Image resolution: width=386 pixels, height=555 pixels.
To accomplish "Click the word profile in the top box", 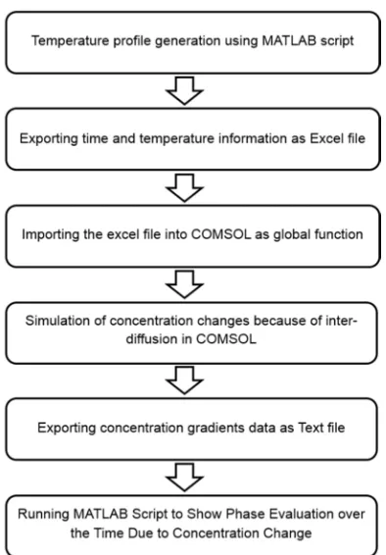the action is [132, 41].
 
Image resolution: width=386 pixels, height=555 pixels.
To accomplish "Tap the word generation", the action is [188, 41].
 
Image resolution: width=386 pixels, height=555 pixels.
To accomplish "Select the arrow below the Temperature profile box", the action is [184, 90].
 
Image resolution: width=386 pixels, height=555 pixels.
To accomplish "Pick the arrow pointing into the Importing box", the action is [184, 187].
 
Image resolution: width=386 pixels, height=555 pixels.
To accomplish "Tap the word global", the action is [292, 235].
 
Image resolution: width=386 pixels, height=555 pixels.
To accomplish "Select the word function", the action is [339, 234].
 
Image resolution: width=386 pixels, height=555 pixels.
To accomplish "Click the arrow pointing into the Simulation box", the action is [184, 284].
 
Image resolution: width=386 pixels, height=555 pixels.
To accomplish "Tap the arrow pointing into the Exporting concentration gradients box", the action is [184, 380].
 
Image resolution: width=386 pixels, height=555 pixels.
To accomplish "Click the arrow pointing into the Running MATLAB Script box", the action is [184, 478].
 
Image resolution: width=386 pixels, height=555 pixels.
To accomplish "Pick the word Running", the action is [43, 515].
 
